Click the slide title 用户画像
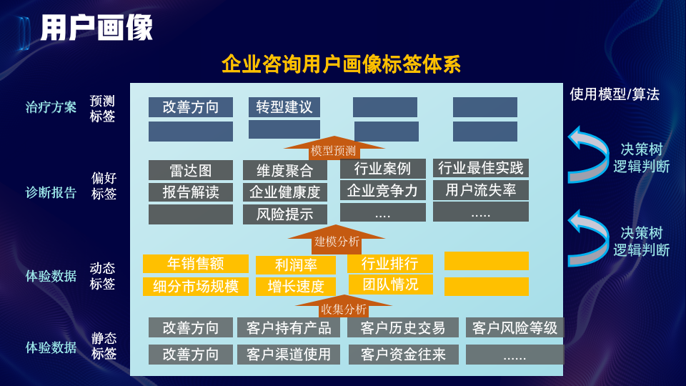(x=96, y=29)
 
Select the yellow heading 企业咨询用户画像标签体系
(x=341, y=64)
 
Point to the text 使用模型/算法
(x=615, y=94)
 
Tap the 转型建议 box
(x=284, y=107)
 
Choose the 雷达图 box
(x=191, y=170)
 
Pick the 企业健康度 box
(x=284, y=192)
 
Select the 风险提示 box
(x=284, y=214)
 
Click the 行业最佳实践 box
(x=481, y=169)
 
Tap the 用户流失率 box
(x=481, y=190)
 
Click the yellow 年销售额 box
(x=196, y=264)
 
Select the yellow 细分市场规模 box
(x=196, y=287)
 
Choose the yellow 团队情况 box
(x=390, y=284)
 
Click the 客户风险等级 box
(x=514, y=328)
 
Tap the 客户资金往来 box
(x=403, y=355)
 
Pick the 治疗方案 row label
(x=51, y=107)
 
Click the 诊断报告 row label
(x=51, y=193)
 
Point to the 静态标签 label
(x=104, y=345)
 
